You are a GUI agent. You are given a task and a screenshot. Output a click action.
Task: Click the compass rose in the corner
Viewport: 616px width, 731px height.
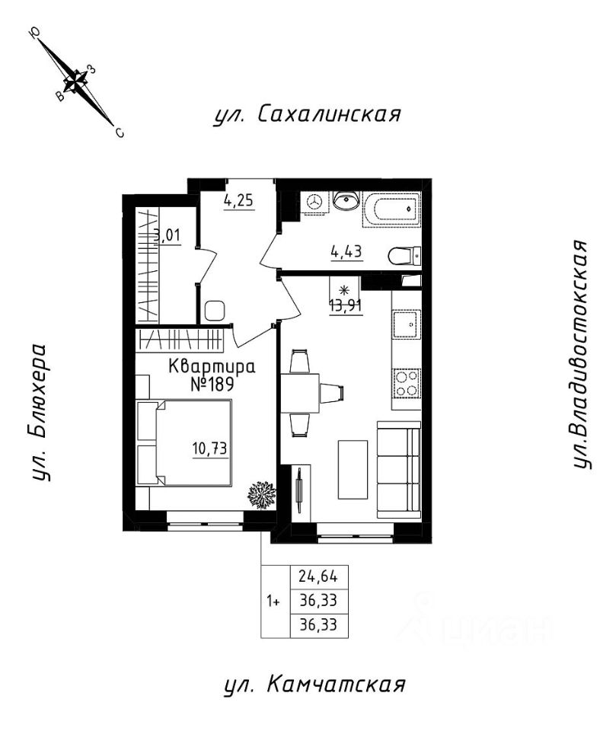point(76,82)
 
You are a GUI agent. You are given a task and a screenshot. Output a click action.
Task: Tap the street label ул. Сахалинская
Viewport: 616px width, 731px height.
point(308,115)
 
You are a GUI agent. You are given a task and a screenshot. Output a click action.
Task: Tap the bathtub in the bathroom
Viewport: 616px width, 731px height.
point(391,209)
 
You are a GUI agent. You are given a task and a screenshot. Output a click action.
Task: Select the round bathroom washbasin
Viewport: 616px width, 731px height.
point(346,200)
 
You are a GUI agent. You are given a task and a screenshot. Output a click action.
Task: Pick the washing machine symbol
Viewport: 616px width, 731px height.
point(315,202)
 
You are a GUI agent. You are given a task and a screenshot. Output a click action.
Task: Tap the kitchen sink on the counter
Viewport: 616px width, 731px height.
point(407,324)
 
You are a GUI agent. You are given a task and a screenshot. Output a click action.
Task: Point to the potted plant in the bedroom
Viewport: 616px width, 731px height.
point(261,495)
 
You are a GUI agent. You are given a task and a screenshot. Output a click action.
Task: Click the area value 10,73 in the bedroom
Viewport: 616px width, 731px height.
point(209,449)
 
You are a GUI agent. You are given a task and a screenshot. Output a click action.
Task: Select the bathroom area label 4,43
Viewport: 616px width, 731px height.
point(346,253)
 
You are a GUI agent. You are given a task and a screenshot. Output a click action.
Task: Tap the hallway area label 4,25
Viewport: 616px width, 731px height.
point(239,201)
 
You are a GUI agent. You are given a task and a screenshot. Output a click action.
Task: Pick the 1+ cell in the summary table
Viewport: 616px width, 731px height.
point(273,602)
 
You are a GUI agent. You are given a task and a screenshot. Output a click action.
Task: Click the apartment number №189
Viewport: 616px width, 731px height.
point(212,385)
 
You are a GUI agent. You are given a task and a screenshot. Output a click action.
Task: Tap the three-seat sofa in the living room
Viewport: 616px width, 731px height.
point(399,470)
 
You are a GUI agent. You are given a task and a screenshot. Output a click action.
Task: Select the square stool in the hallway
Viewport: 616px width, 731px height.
point(215,311)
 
